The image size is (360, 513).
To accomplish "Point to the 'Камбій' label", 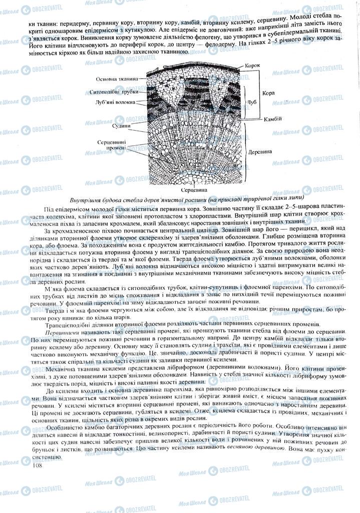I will click(272, 119).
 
